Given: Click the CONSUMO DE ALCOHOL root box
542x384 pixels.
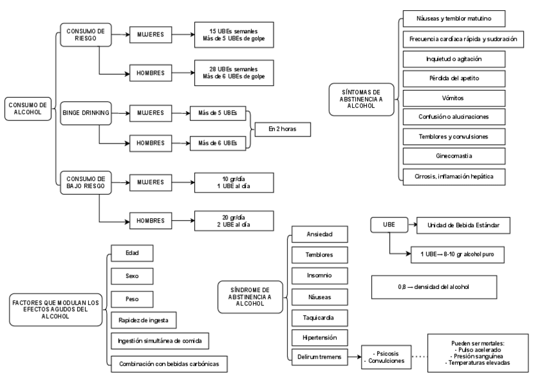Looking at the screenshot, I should pos(29,107).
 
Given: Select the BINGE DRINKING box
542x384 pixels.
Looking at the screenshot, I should pos(86,113).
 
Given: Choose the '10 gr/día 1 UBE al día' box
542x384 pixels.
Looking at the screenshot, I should pos(231,182).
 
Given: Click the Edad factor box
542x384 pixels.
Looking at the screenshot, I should pos(132,253).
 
